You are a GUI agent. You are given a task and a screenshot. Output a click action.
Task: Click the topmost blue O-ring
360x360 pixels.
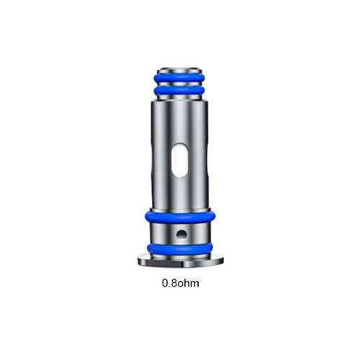(x=180, y=75)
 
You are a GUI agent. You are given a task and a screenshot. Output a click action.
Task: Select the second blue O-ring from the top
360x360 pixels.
(x=180, y=91)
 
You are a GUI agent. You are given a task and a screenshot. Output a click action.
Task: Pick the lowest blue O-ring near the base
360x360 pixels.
(x=179, y=248)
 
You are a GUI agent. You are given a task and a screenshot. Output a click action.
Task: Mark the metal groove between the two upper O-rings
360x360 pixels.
(x=180, y=83)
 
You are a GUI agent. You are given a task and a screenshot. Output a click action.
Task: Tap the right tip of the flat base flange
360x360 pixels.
(x=222, y=261)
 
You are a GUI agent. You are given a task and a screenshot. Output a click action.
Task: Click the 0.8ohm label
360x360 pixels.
(x=181, y=283)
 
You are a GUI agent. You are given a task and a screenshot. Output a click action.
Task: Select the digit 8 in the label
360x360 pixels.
(x=174, y=283)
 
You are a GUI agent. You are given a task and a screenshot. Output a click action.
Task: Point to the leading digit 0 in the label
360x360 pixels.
(x=165, y=283)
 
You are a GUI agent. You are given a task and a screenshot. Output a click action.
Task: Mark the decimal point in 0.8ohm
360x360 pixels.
(x=169, y=286)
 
